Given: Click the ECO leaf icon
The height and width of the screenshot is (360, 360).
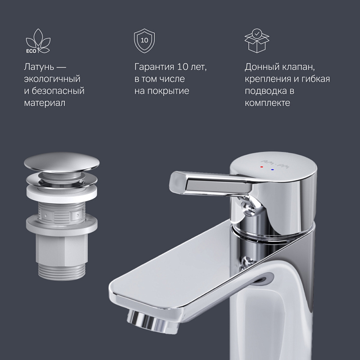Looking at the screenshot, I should pos(36,40).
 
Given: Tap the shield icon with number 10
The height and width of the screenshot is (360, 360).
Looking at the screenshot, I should pos(144,40).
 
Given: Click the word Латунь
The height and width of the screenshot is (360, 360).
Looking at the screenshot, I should pos(40,67).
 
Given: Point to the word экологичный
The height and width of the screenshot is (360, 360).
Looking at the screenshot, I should pos(52,79).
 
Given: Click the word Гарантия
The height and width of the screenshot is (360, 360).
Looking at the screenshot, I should pos(154,67).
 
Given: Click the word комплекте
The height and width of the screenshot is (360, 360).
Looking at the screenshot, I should pos(267,103).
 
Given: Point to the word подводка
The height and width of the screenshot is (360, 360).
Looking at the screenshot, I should pos(266,91).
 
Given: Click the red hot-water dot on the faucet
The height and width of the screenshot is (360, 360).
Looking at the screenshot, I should pos(261,167).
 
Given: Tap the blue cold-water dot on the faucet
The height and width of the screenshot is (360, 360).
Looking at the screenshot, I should pos(272,170).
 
